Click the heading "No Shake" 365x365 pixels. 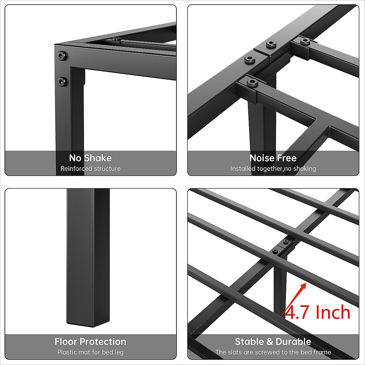tap(90, 158)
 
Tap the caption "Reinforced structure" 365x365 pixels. tap(90, 169)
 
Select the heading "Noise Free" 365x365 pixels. tap(273, 158)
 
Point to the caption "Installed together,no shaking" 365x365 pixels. tap(273, 169)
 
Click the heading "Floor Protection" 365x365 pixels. tap(90, 342)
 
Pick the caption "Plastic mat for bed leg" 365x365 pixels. tap(90, 352)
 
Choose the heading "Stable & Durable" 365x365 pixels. tap(273, 342)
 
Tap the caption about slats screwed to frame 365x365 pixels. tap(273, 352)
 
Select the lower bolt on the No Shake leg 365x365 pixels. tap(63, 81)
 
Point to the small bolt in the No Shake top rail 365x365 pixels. tap(116, 39)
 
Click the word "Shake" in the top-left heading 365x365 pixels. tap(98, 158)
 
